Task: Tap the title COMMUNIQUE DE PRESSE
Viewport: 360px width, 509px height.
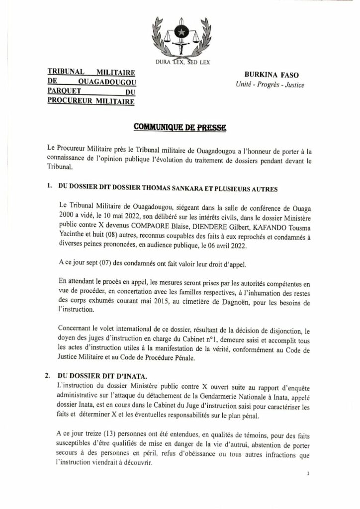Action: tap(180, 128)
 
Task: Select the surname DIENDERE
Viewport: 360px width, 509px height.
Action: tap(217, 224)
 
